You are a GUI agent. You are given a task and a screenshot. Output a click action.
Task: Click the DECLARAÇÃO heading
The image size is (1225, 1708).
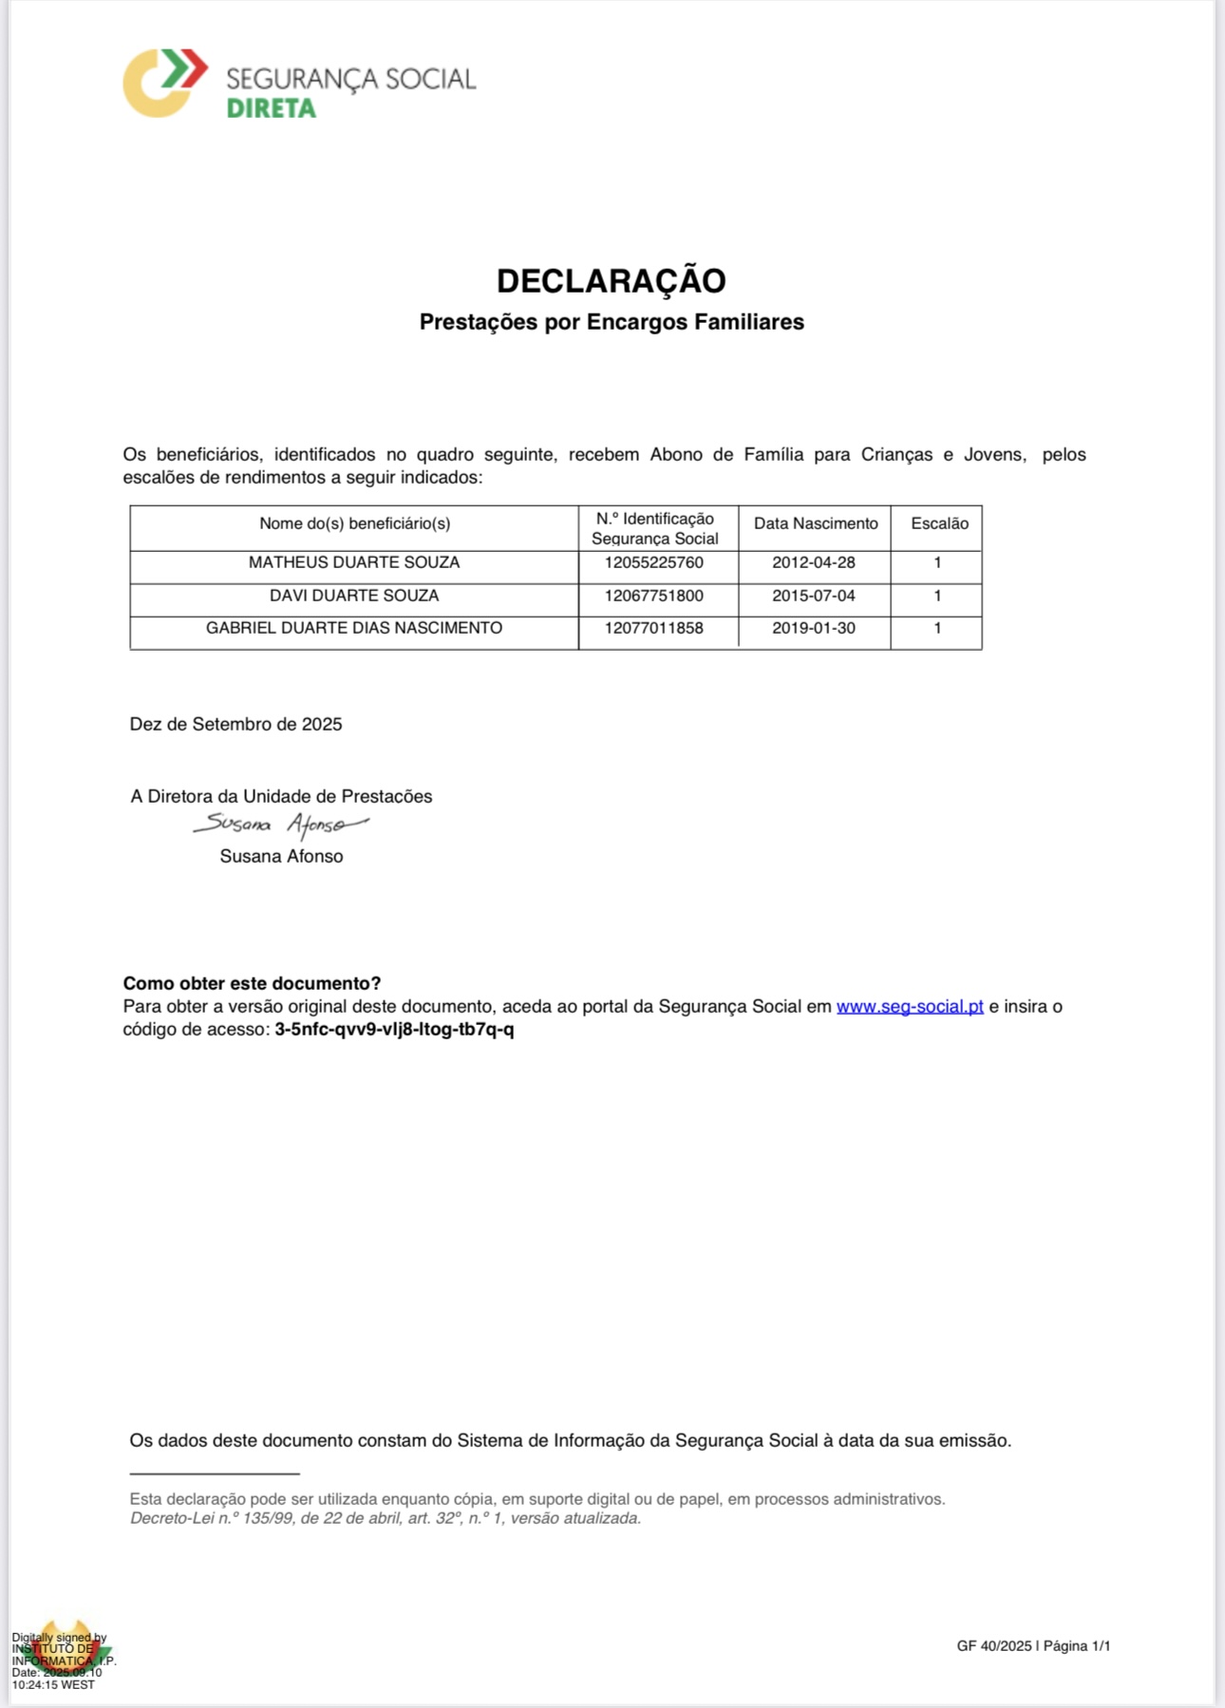(x=611, y=281)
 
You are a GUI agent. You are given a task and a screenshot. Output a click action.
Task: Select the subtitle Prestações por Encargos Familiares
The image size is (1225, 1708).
(x=612, y=322)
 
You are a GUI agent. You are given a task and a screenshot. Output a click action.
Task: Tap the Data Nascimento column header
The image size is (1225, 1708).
(x=816, y=523)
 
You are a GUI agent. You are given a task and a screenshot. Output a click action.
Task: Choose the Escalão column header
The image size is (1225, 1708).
(x=939, y=523)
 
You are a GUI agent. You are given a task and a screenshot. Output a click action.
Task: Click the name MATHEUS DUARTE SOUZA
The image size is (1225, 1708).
(x=354, y=562)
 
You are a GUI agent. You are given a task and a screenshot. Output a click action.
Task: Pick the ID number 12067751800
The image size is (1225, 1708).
(x=654, y=596)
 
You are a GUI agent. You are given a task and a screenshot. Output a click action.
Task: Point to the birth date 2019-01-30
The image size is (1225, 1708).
(x=814, y=628)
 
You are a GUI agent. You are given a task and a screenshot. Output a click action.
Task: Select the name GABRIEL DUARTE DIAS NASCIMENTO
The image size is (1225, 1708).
(x=354, y=628)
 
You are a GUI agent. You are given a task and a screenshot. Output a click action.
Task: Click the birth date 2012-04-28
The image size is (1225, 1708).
(x=814, y=562)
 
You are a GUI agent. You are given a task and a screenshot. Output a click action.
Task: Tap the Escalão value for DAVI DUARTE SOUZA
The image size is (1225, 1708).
(x=937, y=596)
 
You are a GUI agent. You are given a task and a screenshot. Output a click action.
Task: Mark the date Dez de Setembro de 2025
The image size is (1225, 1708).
(x=236, y=724)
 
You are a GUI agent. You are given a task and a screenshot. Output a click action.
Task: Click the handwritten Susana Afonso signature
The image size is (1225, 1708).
(x=280, y=825)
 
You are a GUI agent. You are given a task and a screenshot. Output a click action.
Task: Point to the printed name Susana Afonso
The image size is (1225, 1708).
(x=281, y=856)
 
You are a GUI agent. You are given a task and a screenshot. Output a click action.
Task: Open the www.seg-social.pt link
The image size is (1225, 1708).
(x=910, y=1006)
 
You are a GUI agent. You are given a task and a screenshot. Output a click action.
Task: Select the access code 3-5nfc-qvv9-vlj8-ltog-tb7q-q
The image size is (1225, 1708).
(x=394, y=1029)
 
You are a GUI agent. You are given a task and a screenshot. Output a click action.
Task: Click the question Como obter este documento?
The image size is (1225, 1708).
(x=252, y=983)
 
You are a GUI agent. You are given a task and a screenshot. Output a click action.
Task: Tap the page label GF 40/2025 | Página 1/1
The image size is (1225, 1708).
(x=1033, y=1645)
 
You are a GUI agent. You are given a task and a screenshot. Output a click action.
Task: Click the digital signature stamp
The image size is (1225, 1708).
(x=63, y=1660)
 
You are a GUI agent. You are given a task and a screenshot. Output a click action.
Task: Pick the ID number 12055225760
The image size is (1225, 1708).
(x=654, y=562)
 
